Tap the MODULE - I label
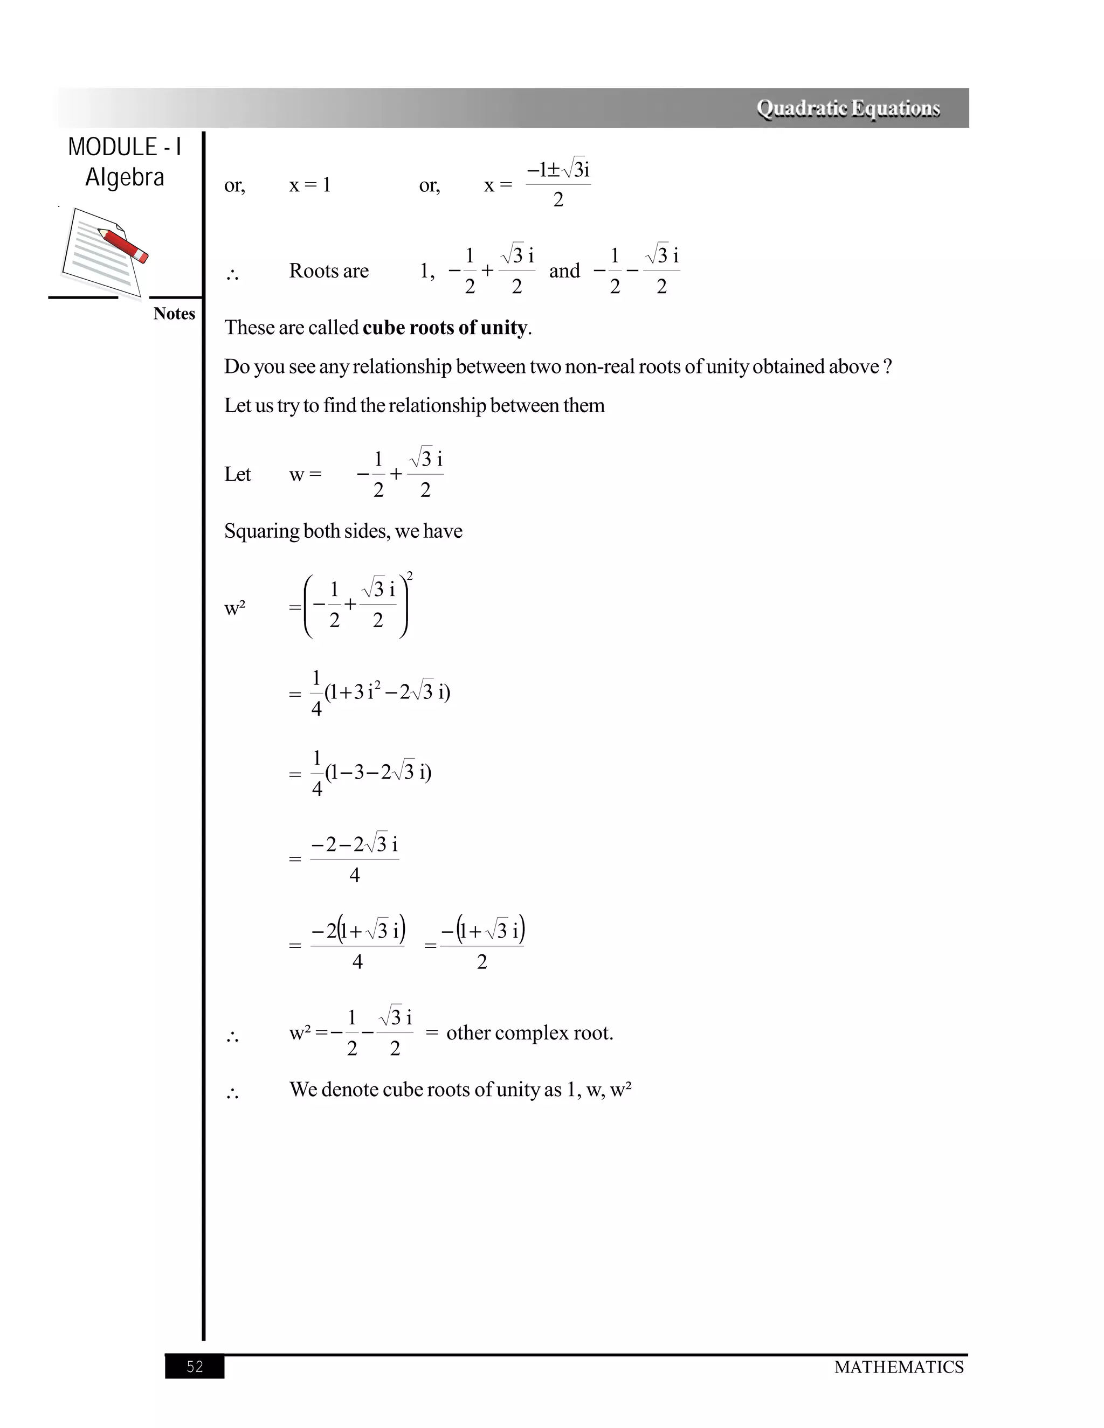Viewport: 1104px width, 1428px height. (x=125, y=148)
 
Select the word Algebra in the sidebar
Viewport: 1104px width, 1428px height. (x=125, y=178)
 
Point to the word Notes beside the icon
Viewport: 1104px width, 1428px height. (x=174, y=314)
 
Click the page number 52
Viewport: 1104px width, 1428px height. (x=195, y=1367)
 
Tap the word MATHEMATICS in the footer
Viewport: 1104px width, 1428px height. (x=899, y=1367)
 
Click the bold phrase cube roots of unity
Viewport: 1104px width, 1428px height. (x=445, y=328)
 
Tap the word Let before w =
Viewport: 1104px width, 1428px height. (x=237, y=475)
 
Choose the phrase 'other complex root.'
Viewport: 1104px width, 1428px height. (x=530, y=1033)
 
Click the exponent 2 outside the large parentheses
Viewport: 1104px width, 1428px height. (x=410, y=576)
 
